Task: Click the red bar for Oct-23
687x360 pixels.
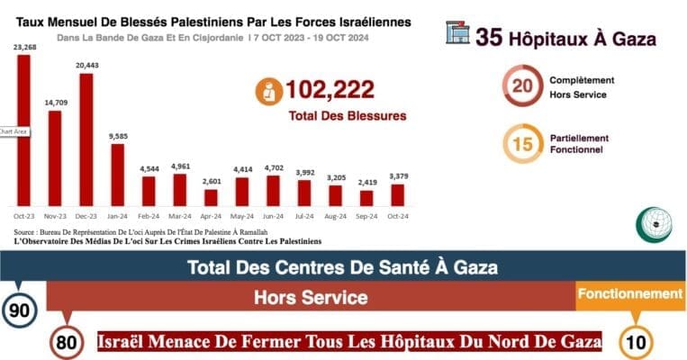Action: (23, 131)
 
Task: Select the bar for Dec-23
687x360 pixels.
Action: (86, 140)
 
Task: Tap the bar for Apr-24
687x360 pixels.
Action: (211, 197)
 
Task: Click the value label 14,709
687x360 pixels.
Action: (54, 103)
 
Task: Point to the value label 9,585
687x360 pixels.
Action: (117, 136)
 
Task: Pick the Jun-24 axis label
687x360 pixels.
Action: (273, 216)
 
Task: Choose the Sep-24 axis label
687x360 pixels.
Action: (366, 216)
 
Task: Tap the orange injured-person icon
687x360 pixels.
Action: (267, 90)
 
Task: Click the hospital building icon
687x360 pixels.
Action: (457, 33)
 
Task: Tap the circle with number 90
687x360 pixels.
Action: (19, 310)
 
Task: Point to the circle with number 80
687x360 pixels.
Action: (65, 342)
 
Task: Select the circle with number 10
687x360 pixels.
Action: (637, 342)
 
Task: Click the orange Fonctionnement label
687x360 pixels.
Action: (630, 294)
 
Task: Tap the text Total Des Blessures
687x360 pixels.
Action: (347, 116)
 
